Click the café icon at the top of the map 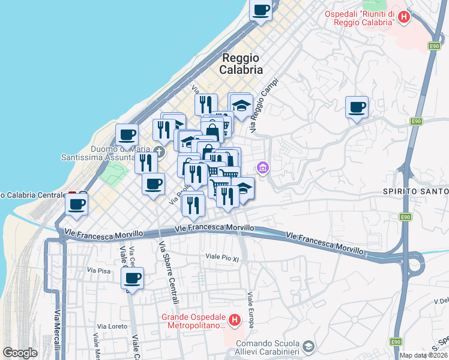[x=261, y=10]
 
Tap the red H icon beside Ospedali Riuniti [x=404, y=17]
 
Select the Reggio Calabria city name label [x=242, y=64]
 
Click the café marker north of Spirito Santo [x=357, y=107]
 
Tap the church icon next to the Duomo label [x=158, y=149]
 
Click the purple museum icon [x=262, y=169]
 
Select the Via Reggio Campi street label [x=265, y=106]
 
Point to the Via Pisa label [x=100, y=271]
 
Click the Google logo [x=20, y=353]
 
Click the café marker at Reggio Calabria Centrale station [x=77, y=204]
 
